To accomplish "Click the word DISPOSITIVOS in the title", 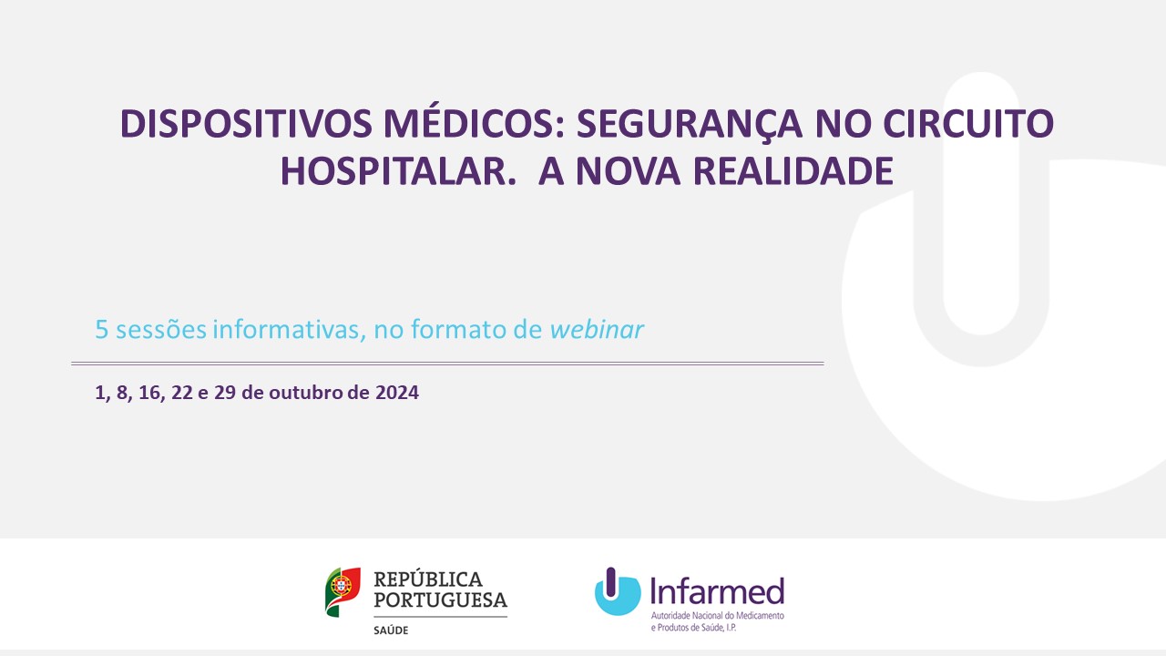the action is [246, 124].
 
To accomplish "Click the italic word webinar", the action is [597, 329].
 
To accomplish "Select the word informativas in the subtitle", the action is [289, 330].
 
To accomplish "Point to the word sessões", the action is [161, 330].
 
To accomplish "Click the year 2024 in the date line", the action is [397, 392].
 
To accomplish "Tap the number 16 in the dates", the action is [149, 393].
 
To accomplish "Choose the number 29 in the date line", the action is [225, 392].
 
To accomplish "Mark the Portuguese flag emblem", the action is [343, 592].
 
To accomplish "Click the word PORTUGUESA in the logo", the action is [440, 600].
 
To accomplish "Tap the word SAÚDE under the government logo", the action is [391, 630].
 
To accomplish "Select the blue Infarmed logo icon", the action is [618, 591].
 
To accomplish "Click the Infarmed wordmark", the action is [717, 591].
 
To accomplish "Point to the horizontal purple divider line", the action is [447, 364].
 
